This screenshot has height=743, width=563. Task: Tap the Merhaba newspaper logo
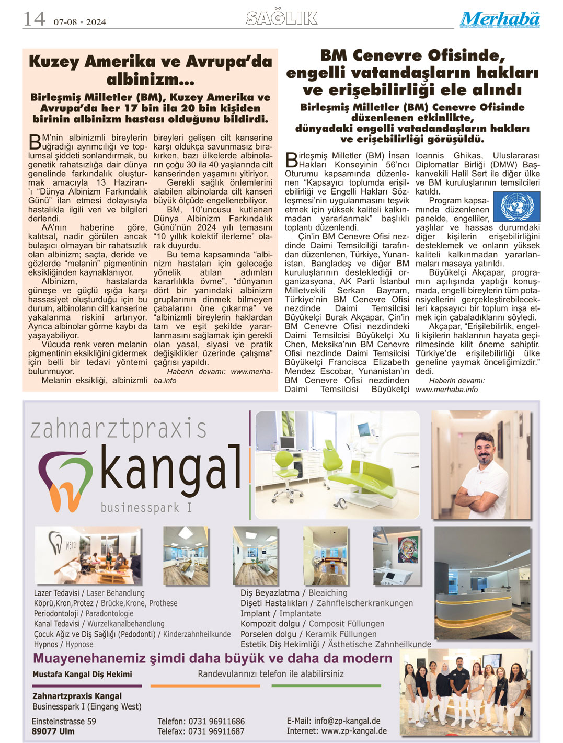tap(500, 20)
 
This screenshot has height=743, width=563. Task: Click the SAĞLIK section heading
tap(282, 18)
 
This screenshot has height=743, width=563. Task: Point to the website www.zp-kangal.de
tap(354, 731)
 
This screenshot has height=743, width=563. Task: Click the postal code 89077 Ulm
tap(53, 731)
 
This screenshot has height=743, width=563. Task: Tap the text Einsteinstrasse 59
tap(64, 721)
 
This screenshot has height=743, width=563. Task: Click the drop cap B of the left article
tap(35, 142)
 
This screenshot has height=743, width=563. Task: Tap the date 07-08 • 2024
tap(79, 22)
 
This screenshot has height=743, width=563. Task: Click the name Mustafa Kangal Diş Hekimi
tap(82, 674)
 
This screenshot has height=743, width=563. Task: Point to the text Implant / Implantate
tap(281, 613)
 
